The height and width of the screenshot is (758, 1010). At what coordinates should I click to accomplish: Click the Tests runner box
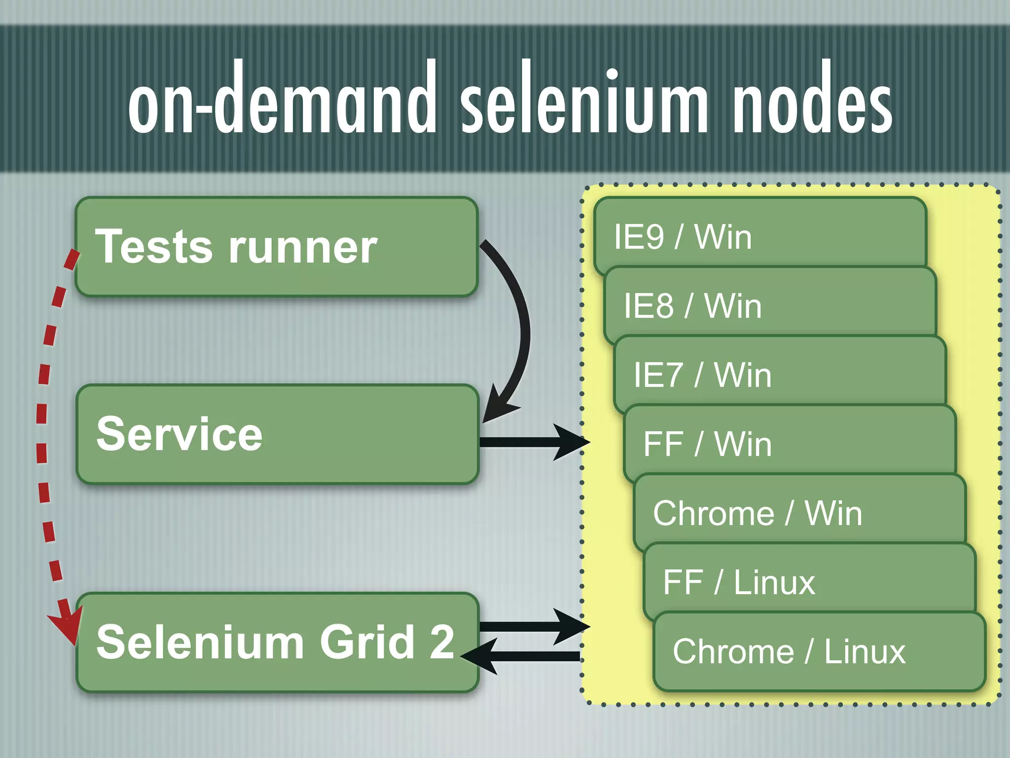coord(276,247)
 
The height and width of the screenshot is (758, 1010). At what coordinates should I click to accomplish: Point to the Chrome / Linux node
coord(819,651)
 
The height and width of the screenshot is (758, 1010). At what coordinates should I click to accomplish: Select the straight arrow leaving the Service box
coord(533,442)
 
